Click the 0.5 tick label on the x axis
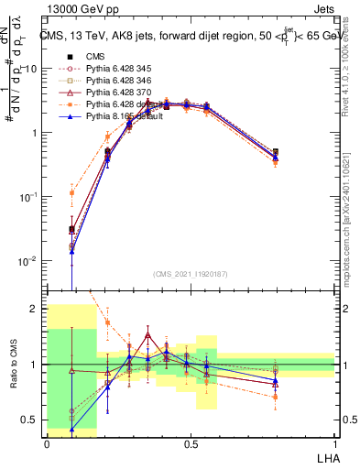coord(191,442)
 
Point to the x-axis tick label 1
coord(335,442)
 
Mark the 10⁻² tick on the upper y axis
coord(31,261)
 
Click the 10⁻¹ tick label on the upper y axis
coord(31,197)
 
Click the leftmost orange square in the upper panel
coord(71,193)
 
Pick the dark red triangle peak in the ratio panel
coord(147,335)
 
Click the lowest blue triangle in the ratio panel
coord(71,429)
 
